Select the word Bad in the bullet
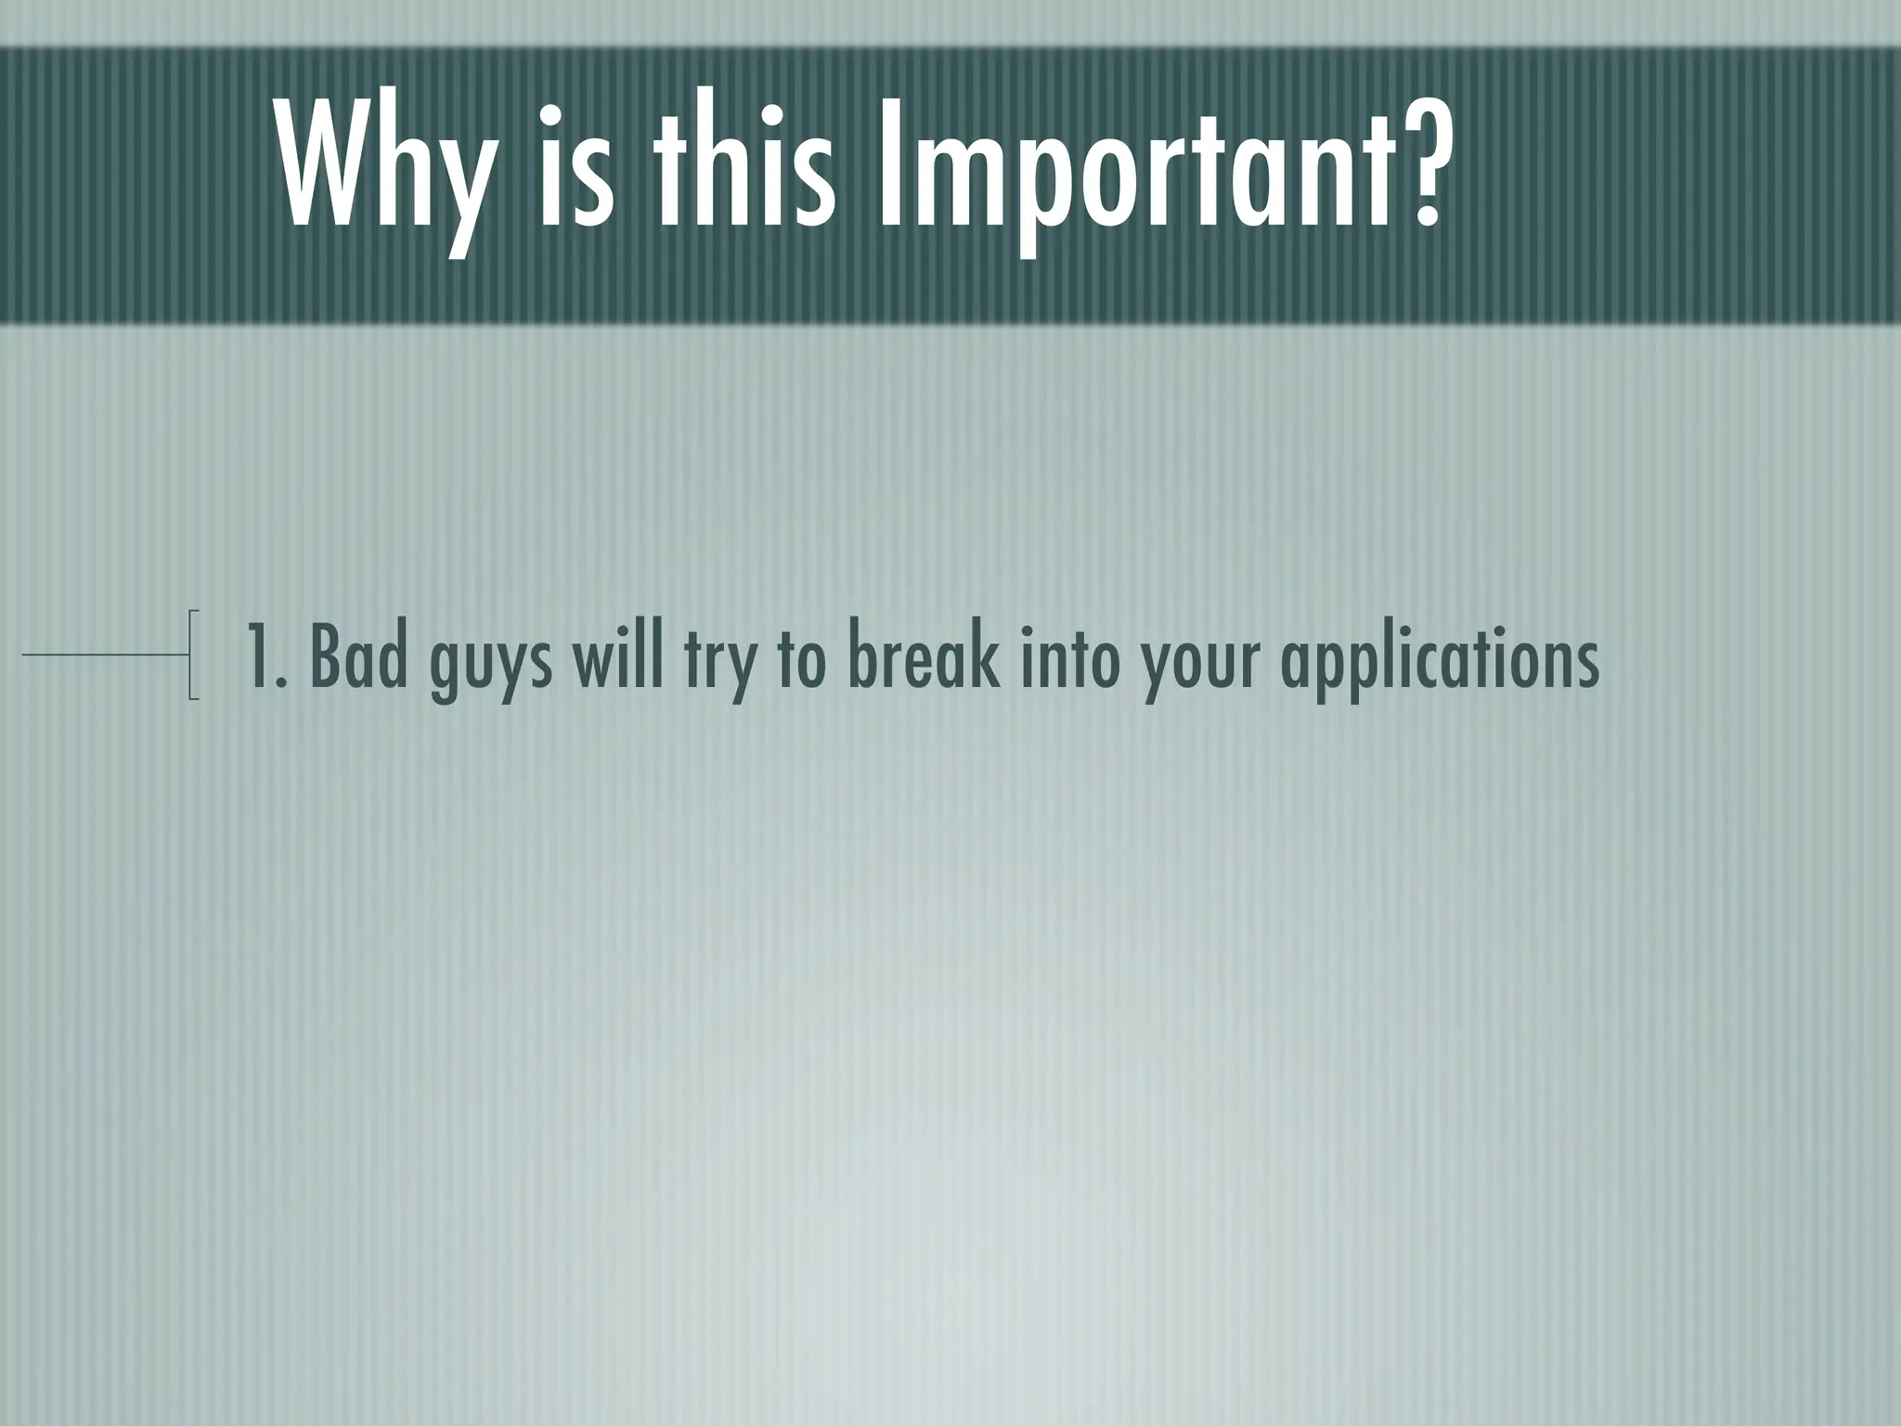(x=358, y=655)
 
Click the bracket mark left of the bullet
(x=192, y=654)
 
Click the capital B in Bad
(x=325, y=655)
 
